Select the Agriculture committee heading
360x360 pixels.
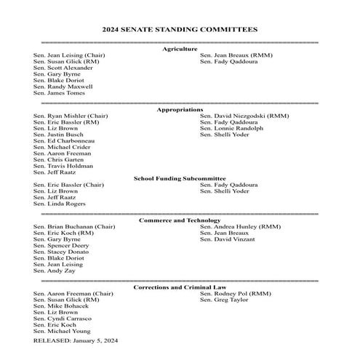click(x=180, y=49)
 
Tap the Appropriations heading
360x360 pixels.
click(x=180, y=109)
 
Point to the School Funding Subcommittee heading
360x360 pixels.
click(x=180, y=178)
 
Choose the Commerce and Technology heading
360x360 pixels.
click(x=179, y=220)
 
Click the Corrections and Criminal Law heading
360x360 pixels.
click(x=179, y=287)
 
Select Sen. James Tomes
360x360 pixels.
click(x=60, y=93)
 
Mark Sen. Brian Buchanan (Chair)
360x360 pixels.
click(x=74, y=227)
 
